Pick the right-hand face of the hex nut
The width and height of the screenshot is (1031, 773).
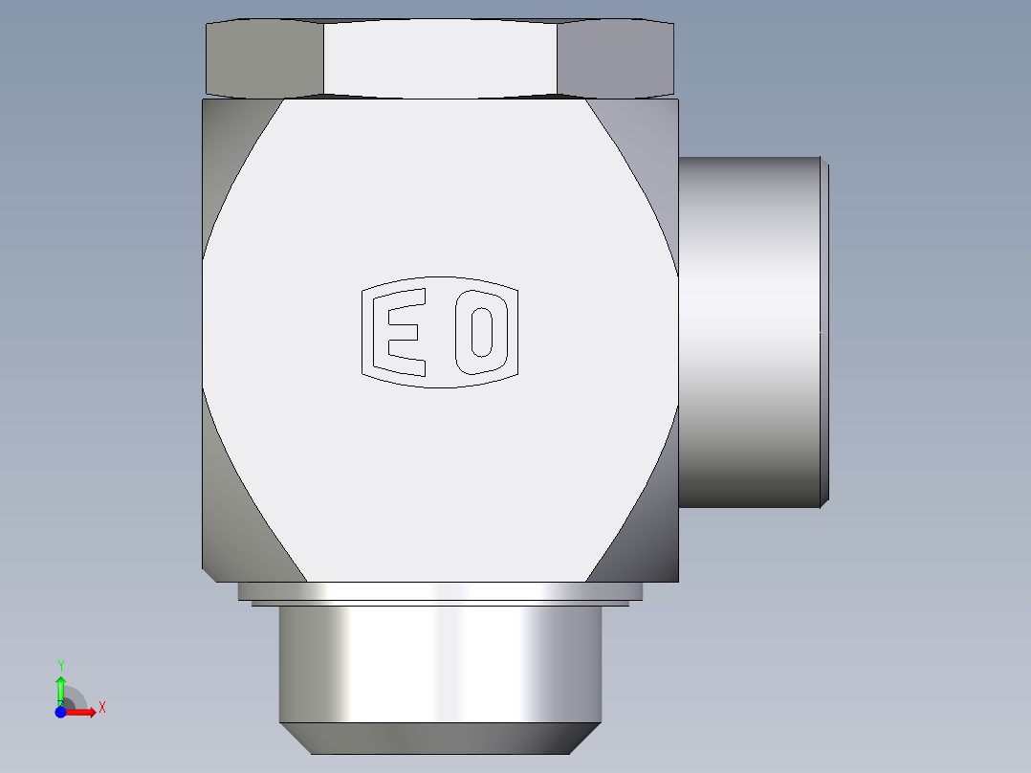click(x=615, y=59)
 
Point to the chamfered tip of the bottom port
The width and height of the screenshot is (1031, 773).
click(x=440, y=738)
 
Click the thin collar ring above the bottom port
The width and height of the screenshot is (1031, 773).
click(x=440, y=591)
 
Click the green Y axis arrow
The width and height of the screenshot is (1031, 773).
click(x=60, y=688)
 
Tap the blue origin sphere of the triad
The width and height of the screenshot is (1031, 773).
click(x=60, y=712)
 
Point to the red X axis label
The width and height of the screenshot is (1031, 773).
click(x=101, y=708)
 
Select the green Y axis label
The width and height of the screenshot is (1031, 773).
click(x=60, y=665)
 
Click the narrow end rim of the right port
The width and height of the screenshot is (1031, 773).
click(x=824, y=331)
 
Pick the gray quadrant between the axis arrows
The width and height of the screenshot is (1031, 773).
click(x=73, y=700)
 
